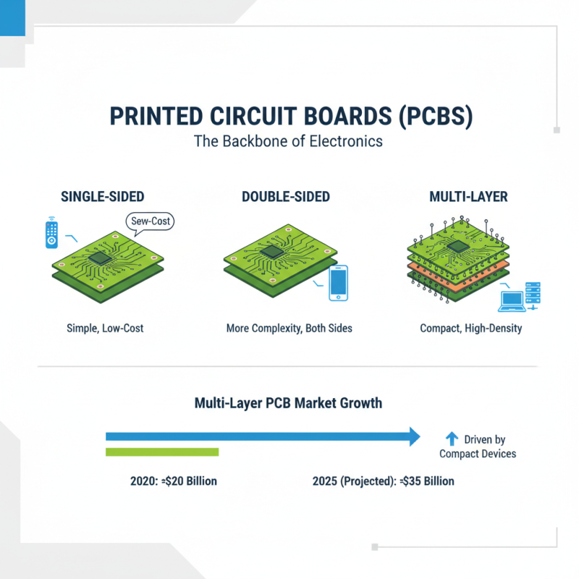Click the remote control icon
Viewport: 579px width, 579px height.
click(51, 233)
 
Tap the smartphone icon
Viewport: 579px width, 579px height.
click(338, 283)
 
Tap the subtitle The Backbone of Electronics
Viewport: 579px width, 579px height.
click(288, 141)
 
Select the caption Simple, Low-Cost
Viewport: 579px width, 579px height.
click(104, 328)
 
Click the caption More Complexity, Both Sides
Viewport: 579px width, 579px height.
click(289, 328)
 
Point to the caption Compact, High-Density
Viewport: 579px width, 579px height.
click(471, 328)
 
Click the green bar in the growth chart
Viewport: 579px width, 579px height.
click(162, 452)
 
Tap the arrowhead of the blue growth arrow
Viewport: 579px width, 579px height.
click(413, 436)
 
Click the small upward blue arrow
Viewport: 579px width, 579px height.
click(452, 438)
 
